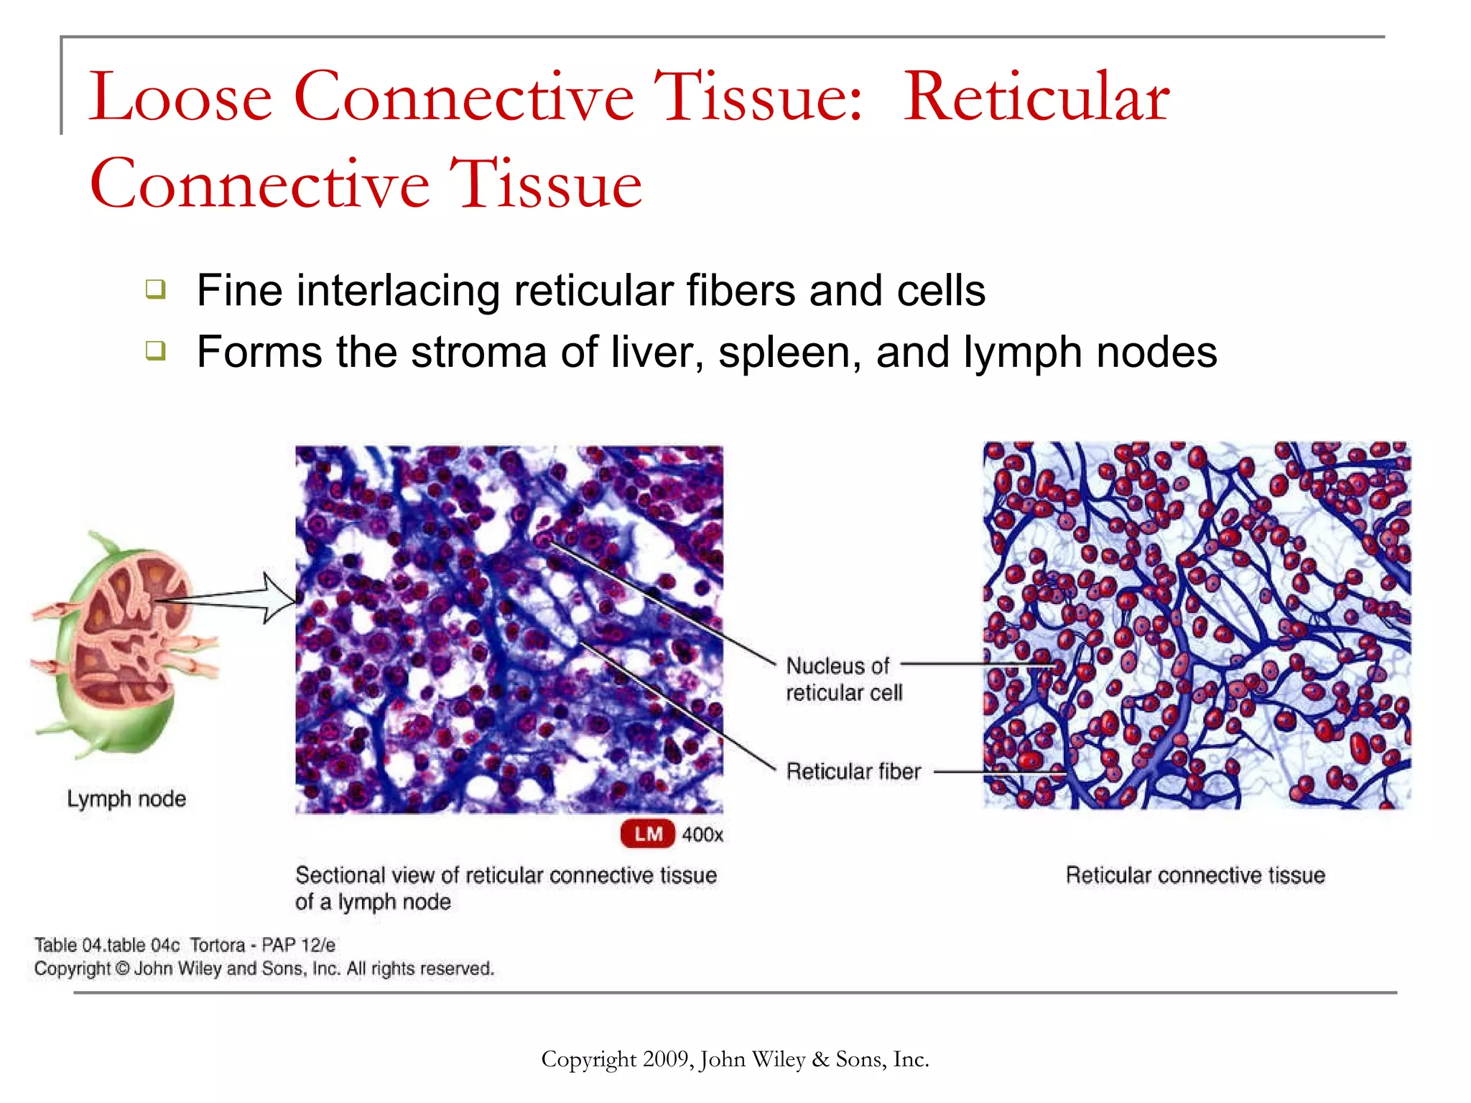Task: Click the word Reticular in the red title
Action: pyautogui.click(x=1036, y=98)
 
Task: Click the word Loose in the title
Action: pyautogui.click(x=180, y=98)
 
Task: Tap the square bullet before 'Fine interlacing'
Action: pyautogui.click(x=156, y=289)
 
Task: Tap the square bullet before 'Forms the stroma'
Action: pyautogui.click(x=156, y=351)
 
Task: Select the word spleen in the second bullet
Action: pyautogui.click(x=789, y=353)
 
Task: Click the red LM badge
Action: pyautogui.click(x=647, y=834)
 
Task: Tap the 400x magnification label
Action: pyautogui.click(x=702, y=834)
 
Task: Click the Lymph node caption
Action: pyautogui.click(x=126, y=799)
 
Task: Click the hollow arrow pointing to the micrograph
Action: pyautogui.click(x=273, y=597)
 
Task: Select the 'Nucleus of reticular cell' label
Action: pyautogui.click(x=843, y=679)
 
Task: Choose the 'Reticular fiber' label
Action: pyautogui.click(x=853, y=771)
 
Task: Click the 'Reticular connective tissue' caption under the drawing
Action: pyautogui.click(x=1194, y=875)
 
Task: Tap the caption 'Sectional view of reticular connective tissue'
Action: pyautogui.click(x=506, y=875)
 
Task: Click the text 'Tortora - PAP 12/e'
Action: pyautogui.click(x=262, y=945)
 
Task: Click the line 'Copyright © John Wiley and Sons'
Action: pyautogui.click(x=264, y=969)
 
